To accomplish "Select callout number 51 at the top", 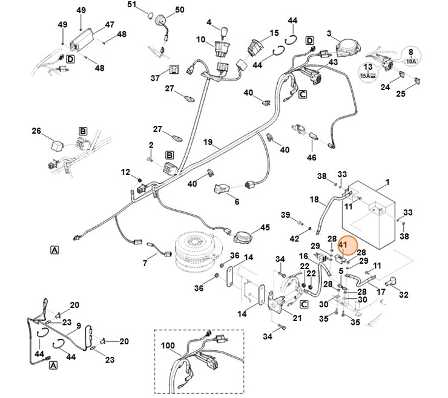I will (133, 5).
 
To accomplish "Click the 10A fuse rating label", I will (411, 60).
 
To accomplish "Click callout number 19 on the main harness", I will (208, 143).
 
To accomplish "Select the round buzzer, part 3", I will (348, 44).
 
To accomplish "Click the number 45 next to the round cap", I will (265, 227).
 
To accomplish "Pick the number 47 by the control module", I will (110, 25).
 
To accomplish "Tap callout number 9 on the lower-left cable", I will (77, 325).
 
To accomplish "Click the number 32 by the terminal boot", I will (404, 295).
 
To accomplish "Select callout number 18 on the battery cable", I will (314, 199).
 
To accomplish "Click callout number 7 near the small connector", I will (145, 263).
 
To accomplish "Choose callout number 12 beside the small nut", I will (125, 172).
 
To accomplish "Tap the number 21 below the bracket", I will (297, 318).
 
